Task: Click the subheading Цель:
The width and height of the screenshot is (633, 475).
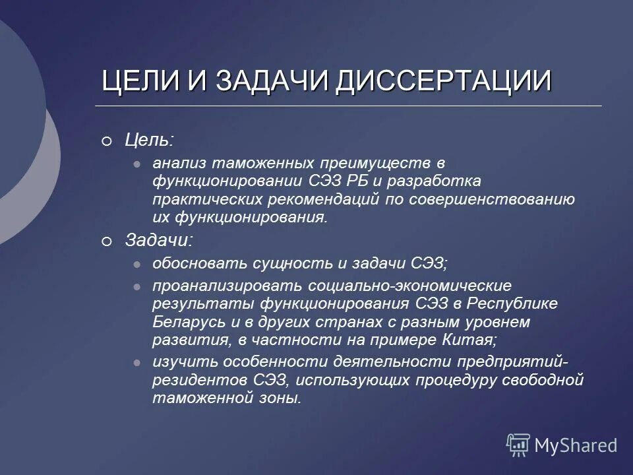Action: [150, 140]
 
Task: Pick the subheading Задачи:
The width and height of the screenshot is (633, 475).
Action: [159, 241]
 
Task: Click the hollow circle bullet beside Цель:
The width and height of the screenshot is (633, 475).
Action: [107, 141]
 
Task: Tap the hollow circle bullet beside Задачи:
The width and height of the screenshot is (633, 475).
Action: [107, 242]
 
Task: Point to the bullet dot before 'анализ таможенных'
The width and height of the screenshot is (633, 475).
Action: [136, 162]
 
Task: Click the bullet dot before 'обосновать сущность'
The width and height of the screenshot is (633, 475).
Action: [136, 264]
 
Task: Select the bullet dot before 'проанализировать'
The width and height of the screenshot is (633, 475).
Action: [136, 286]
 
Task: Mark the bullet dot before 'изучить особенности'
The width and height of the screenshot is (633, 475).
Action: [136, 362]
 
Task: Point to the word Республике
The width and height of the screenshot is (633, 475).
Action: [513, 304]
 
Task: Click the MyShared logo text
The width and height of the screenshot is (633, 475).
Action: [576, 445]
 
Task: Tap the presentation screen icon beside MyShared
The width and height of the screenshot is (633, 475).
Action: [518, 445]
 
